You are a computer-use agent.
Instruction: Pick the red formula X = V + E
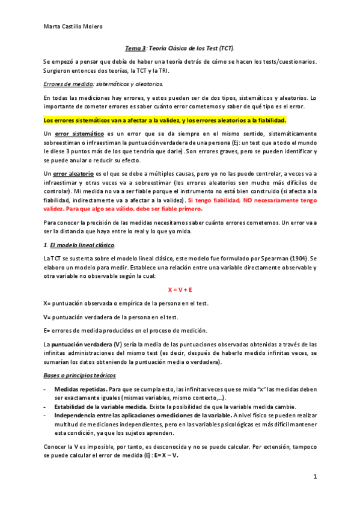click(180, 289)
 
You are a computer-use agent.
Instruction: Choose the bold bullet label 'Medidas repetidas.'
click(81, 390)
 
